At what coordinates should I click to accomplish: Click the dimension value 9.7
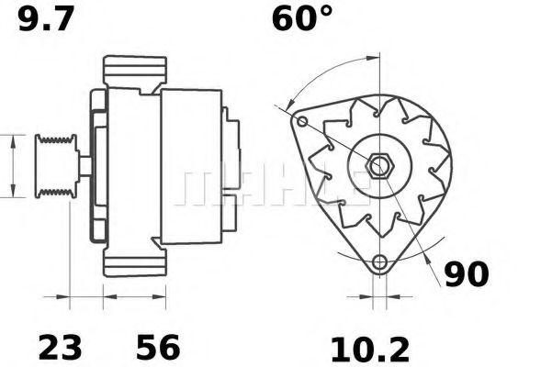tap(46, 19)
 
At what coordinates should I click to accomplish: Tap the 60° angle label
tap(302, 18)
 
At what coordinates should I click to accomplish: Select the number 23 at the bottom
tap(61, 347)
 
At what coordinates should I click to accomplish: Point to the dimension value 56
tap(158, 347)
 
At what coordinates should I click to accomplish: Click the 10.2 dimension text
tap(370, 350)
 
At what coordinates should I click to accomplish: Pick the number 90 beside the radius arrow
tap(467, 274)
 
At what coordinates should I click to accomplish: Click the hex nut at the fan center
tap(380, 166)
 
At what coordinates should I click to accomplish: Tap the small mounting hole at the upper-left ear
tap(302, 121)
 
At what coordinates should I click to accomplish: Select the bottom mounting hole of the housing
tap(380, 262)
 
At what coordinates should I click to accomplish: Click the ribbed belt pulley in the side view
tap(56, 166)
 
